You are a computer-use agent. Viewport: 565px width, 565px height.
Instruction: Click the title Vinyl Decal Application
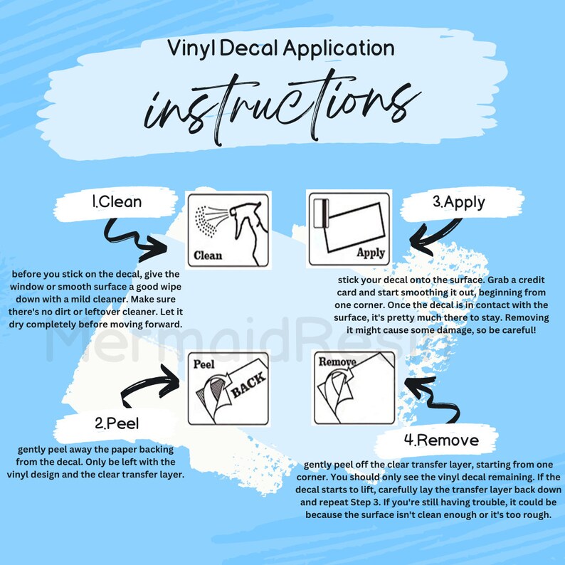pos(281,48)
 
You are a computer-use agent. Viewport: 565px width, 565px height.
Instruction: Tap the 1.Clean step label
pos(117,201)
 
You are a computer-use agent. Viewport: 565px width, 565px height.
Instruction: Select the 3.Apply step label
pos(458,201)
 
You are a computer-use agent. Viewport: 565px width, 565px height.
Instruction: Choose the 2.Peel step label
pos(117,423)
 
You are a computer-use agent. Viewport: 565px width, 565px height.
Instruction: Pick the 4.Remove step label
pos(440,439)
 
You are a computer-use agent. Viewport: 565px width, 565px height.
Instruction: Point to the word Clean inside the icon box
pos(208,255)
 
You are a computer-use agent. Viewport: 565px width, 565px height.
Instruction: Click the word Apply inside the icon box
pos(370,252)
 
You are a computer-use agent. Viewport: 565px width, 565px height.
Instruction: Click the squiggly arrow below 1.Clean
pos(135,238)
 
